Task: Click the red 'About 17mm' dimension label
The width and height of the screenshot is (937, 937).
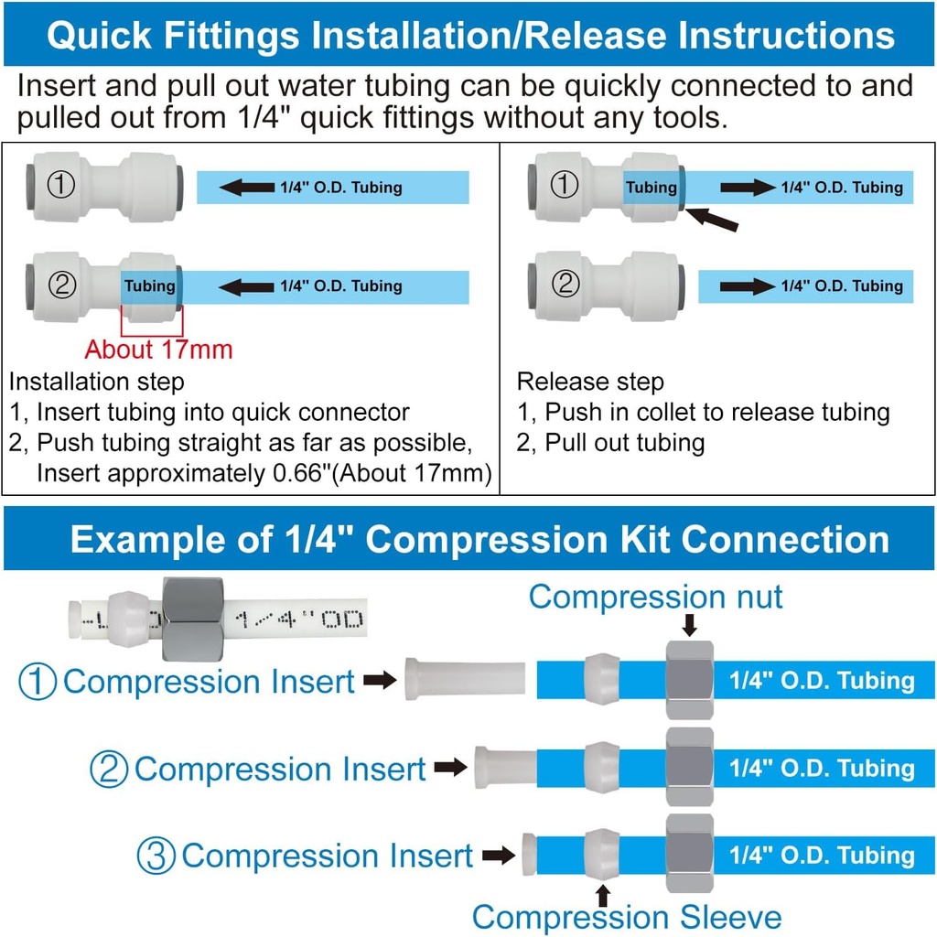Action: point(158,350)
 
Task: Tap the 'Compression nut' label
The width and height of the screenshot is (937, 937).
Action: point(655,598)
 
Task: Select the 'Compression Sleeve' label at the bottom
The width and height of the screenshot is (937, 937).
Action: point(627,917)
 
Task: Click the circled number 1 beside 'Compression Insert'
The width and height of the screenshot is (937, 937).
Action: point(38,682)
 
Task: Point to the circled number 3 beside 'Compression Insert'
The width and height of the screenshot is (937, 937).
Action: point(156,856)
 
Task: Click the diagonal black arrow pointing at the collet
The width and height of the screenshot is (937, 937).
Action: point(711,219)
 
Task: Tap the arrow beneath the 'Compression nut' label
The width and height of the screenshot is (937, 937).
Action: point(690,624)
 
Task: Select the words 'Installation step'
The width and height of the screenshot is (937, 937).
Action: point(96,382)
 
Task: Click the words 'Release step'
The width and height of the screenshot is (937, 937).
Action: point(590,382)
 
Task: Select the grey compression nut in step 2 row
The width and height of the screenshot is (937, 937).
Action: point(690,768)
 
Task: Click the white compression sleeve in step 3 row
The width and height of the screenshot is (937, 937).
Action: point(603,855)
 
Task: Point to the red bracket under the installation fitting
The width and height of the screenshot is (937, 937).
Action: point(153,321)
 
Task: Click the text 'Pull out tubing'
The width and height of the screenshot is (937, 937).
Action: point(625,444)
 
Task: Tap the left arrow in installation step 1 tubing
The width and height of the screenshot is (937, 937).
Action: point(247,188)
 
